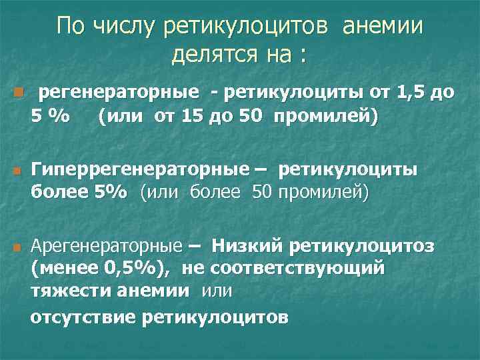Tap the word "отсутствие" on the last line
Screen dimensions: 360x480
83,317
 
